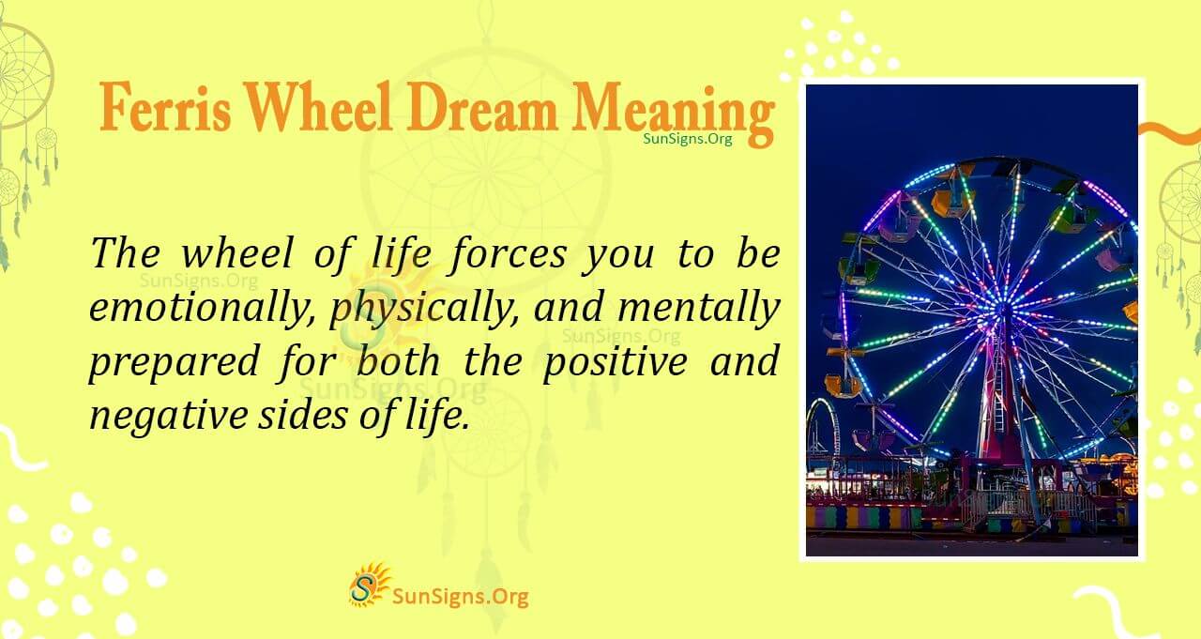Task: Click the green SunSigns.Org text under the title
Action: click(x=688, y=138)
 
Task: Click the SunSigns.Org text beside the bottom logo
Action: click(x=460, y=596)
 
